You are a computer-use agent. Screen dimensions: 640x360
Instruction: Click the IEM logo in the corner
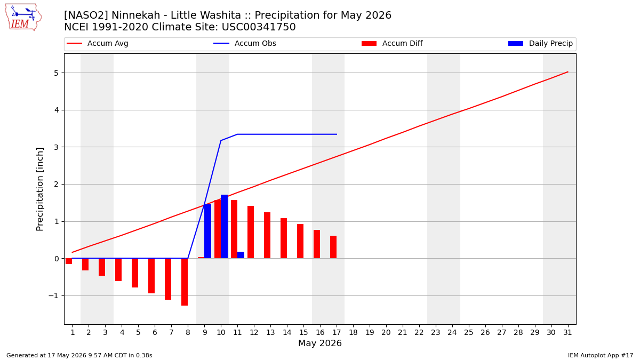click(23, 17)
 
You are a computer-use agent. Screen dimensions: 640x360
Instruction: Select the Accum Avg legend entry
click(97, 43)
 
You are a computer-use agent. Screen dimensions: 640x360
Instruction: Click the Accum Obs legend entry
click(245, 43)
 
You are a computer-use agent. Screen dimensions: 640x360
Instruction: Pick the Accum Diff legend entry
click(392, 43)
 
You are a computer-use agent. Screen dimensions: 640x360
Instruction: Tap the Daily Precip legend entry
click(540, 43)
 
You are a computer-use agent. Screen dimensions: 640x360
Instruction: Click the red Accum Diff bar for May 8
click(185, 282)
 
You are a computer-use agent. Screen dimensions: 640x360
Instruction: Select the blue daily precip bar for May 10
click(225, 227)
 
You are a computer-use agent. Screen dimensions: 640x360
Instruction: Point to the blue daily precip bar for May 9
click(207, 231)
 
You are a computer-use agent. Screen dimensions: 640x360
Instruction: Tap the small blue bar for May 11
click(241, 255)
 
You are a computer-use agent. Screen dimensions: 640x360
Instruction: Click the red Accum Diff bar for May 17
click(333, 247)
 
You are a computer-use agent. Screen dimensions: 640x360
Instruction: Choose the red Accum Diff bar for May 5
click(135, 273)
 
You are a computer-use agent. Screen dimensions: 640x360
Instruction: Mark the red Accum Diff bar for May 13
click(267, 235)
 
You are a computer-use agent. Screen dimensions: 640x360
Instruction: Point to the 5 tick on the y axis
click(56, 73)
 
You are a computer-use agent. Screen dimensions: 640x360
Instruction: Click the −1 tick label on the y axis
click(53, 295)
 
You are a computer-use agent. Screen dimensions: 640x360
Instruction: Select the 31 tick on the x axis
click(567, 333)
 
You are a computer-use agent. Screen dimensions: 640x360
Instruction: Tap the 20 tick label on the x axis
click(386, 333)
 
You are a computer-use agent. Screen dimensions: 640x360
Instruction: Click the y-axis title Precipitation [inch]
click(39, 189)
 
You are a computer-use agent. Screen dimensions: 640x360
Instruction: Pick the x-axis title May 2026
click(320, 343)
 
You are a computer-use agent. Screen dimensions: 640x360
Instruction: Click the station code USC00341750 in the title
click(259, 27)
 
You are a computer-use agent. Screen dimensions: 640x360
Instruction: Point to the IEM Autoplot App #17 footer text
click(601, 355)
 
